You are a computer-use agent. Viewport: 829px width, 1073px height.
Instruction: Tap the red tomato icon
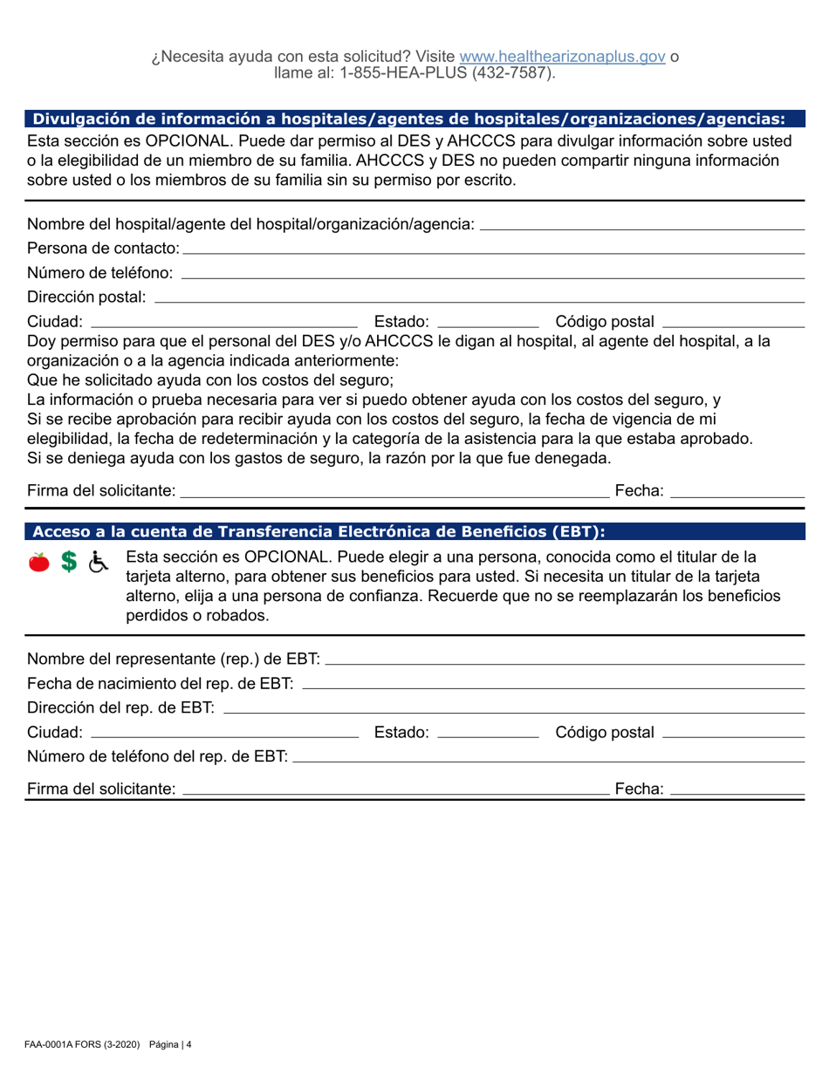click(x=39, y=564)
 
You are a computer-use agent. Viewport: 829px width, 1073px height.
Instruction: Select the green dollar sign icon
click(x=67, y=564)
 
